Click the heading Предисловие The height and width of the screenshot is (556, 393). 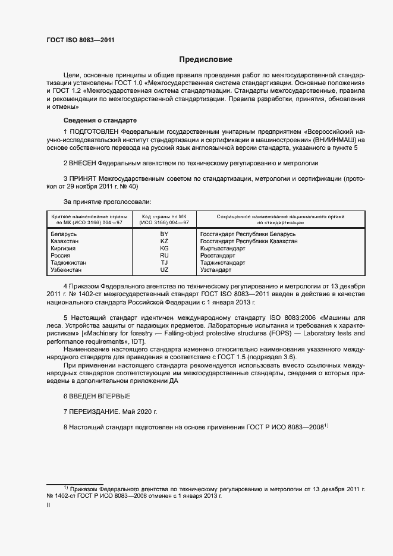click(206, 59)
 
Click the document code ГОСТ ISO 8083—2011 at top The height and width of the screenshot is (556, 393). click(80, 40)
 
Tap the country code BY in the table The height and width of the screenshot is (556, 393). click(164, 234)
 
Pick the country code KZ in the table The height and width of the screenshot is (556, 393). click(164, 241)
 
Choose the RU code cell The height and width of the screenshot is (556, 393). click(164, 255)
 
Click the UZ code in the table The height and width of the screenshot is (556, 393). click(164, 269)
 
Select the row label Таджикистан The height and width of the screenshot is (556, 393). click(69, 262)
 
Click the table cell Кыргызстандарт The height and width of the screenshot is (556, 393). click(223, 249)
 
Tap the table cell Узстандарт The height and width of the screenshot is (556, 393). click(216, 269)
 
